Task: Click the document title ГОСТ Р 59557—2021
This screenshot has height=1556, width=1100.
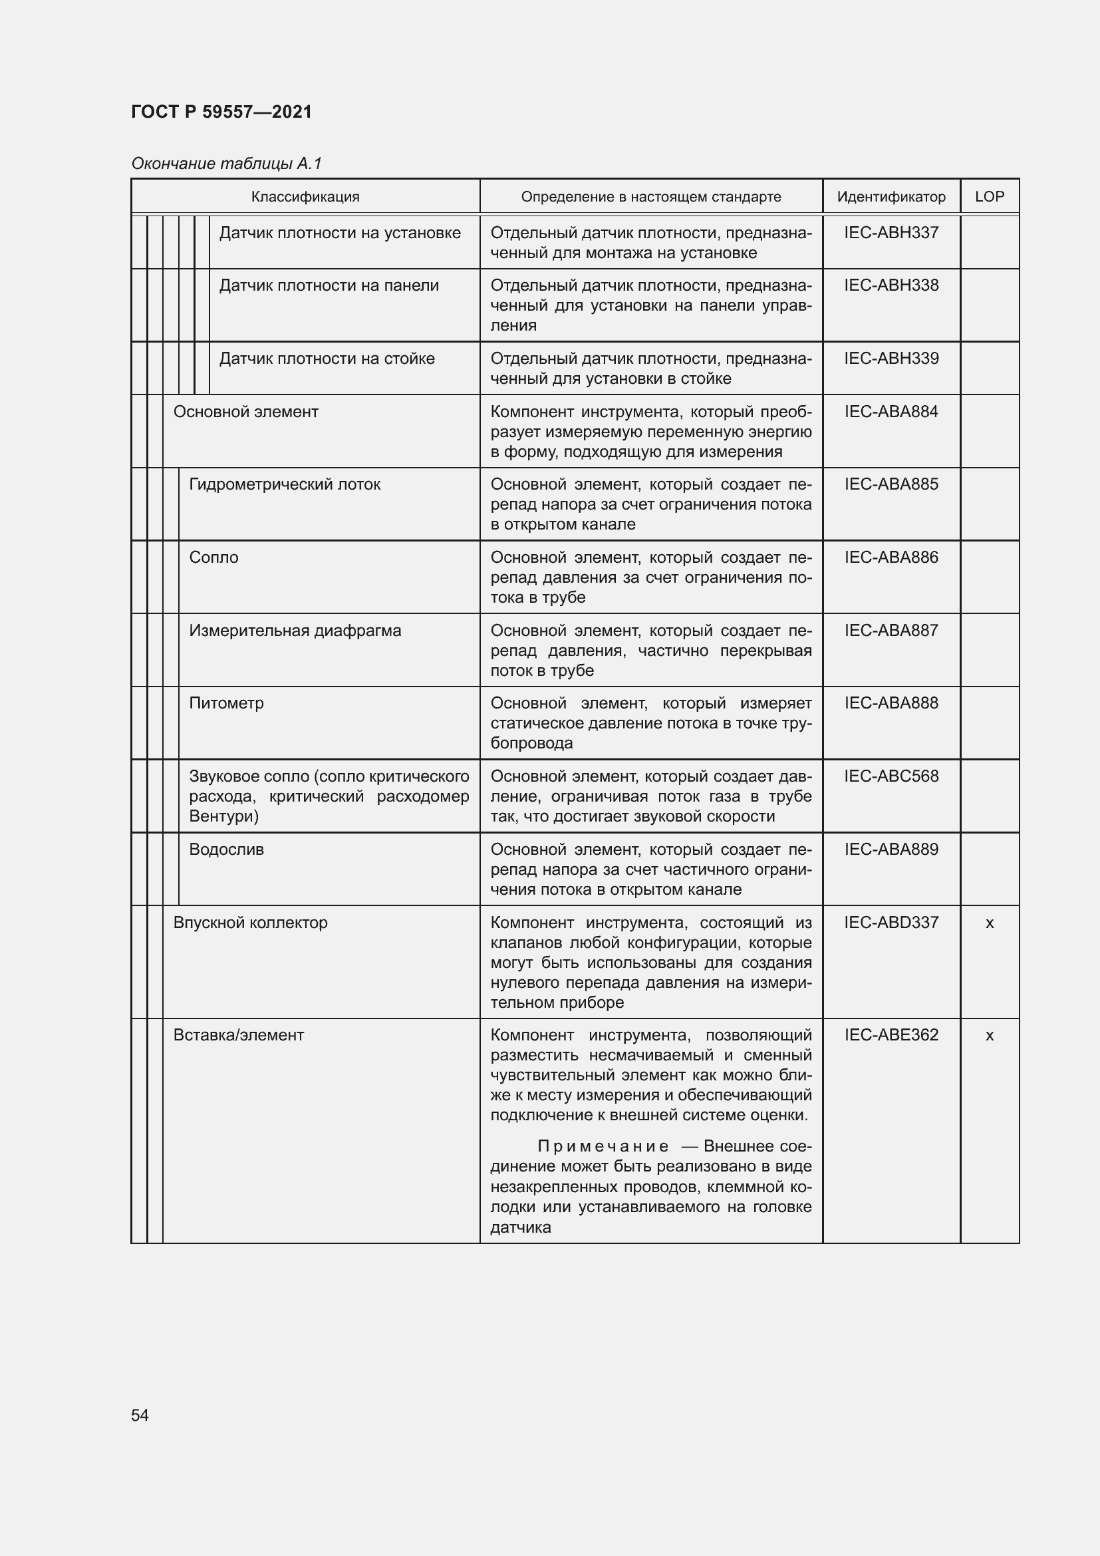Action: [221, 112]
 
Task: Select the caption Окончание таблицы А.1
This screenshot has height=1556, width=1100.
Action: [226, 164]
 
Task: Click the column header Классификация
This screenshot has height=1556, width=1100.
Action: [305, 196]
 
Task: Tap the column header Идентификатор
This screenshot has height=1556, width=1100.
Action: [891, 196]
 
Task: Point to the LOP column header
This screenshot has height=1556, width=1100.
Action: [989, 196]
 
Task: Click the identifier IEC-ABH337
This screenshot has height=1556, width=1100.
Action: [891, 232]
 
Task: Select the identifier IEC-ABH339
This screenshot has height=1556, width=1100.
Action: [891, 359]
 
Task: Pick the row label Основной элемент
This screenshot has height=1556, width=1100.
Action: [245, 412]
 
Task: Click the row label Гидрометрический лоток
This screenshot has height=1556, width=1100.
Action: [285, 484]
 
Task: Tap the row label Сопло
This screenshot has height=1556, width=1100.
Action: [213, 557]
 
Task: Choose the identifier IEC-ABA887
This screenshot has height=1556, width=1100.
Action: [891, 630]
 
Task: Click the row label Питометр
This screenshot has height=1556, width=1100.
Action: [226, 703]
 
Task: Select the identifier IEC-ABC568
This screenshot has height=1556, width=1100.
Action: [891, 776]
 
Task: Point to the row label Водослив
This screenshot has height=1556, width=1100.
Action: [226, 850]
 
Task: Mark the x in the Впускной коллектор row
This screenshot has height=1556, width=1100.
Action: [989, 923]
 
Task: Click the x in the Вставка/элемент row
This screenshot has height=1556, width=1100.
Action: [989, 1036]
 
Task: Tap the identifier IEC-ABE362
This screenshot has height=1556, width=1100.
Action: [891, 1036]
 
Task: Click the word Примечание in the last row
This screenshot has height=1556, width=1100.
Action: [603, 1147]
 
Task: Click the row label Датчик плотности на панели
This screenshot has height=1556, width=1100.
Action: [329, 286]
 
